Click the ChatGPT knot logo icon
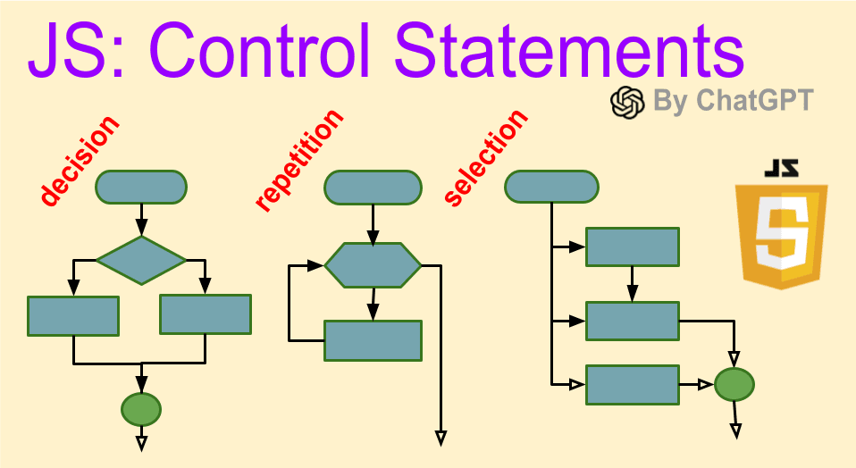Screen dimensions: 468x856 (x=627, y=102)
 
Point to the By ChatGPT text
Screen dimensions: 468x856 (x=733, y=101)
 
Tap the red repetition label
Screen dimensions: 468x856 (x=298, y=161)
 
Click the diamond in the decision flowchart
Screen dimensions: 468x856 (x=141, y=260)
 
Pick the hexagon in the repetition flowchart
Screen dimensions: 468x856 (x=372, y=265)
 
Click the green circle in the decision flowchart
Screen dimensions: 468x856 (x=141, y=409)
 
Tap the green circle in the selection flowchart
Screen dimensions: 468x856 (x=734, y=384)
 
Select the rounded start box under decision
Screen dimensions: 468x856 (x=141, y=187)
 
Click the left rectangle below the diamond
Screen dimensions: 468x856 (x=73, y=315)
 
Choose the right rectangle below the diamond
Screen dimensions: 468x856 (x=206, y=314)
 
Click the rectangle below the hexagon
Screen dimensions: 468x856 (x=373, y=340)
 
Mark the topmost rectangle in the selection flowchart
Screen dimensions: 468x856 (x=632, y=247)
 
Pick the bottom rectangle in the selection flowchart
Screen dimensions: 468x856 (x=632, y=385)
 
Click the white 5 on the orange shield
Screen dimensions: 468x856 (x=780, y=233)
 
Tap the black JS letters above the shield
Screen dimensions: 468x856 (x=780, y=168)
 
